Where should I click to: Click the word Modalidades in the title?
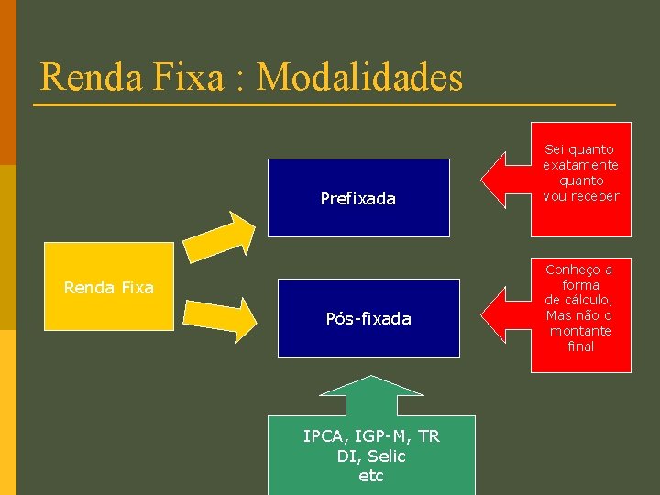tap(359, 77)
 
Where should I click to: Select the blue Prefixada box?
tap(358, 198)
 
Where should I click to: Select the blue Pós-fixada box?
tap(368, 318)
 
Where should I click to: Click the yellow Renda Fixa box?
tap(109, 287)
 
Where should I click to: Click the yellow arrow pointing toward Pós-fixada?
tap(221, 315)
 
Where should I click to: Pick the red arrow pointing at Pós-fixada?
tap(506, 313)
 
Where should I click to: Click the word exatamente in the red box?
tap(580, 165)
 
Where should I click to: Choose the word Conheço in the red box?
tap(579, 269)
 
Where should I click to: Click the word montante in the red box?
tap(580, 331)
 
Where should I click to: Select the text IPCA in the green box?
tap(323, 436)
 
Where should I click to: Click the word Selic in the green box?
tap(385, 456)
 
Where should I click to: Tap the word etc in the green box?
tap(371, 476)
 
